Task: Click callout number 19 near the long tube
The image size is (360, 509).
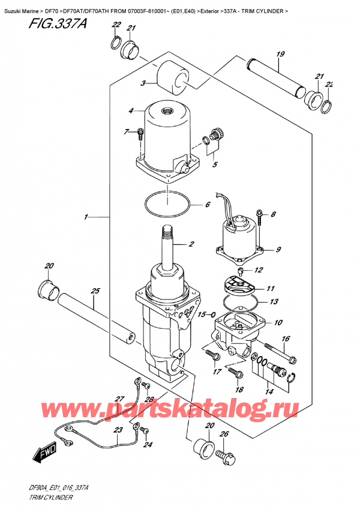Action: [280, 55]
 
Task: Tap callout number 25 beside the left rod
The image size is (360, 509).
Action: [94, 291]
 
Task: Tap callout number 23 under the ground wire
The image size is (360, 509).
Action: [117, 430]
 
